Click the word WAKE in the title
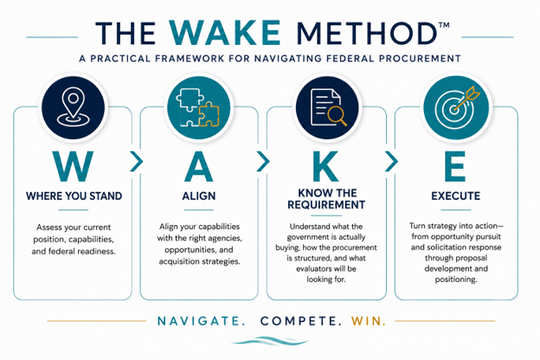coord(225,33)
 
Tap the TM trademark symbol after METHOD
coord(444,25)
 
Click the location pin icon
coord(73,106)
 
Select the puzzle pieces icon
coord(197,107)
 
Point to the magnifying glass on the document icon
coord(337,116)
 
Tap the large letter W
coord(73,167)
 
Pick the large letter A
coord(199,167)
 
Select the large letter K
coord(325,167)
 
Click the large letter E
coord(455,167)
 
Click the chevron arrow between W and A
coord(137,161)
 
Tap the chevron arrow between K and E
coord(391,161)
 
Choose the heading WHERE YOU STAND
coord(74,196)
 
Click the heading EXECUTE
coord(455,196)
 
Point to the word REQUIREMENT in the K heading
coord(326,205)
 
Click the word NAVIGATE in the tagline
coord(201,321)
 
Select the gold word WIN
coord(368,321)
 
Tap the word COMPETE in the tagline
coord(300,321)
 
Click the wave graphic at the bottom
coord(270,341)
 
